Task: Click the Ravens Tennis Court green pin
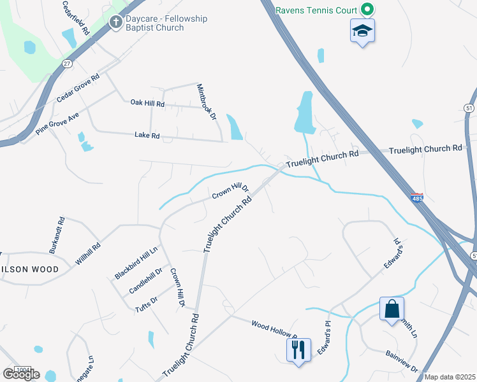point(367,10)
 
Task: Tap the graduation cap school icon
point(362,30)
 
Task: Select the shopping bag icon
point(392,309)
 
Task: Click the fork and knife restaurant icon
point(298,349)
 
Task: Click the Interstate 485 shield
point(417,199)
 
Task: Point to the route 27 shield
point(67,64)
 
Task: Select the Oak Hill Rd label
point(147,103)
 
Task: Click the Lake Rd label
point(147,135)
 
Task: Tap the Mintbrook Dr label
point(207,102)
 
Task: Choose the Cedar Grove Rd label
point(78,88)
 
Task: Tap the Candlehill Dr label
point(146,279)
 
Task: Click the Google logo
point(20,374)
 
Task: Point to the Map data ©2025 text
point(450,377)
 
